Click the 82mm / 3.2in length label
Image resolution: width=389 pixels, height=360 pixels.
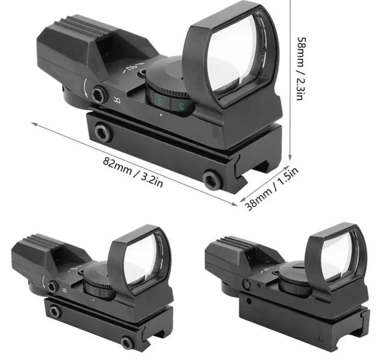[x=133, y=172]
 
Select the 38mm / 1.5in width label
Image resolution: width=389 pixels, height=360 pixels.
[x=272, y=188]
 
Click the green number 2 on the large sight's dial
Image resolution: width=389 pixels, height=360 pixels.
[x=181, y=106]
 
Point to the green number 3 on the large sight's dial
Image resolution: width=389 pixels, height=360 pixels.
[x=160, y=101]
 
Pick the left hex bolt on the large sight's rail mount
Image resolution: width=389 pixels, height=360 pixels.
[x=103, y=132]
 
